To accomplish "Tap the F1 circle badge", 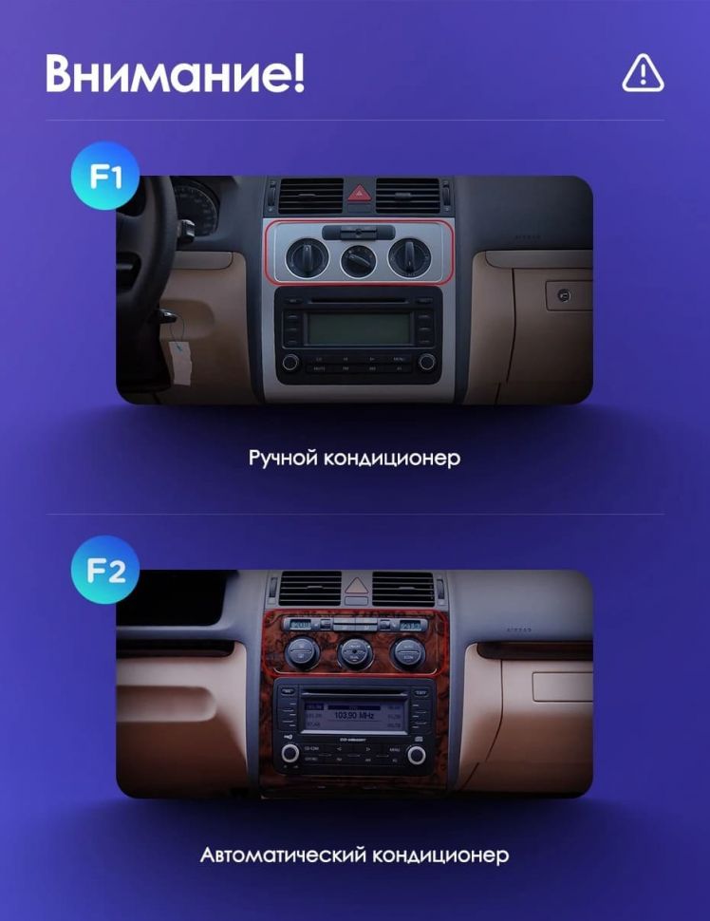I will point(105,176).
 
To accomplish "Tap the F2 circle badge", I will point(105,571).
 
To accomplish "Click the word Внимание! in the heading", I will point(175,74).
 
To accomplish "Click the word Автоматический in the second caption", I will point(283,855).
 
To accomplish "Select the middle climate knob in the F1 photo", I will point(359,259).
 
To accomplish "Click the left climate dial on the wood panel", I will point(302,651).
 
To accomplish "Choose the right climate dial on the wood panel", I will point(409,651).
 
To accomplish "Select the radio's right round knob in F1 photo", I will point(427,362).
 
